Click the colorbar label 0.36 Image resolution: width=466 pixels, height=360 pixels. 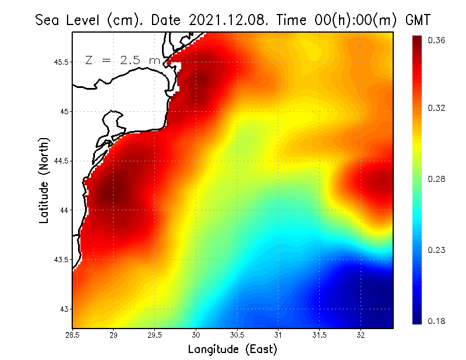click(x=436, y=40)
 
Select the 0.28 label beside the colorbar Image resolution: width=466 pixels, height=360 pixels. click(x=436, y=179)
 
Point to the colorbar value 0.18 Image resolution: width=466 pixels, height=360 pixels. click(x=436, y=321)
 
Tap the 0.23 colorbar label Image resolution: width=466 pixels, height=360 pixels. click(x=436, y=250)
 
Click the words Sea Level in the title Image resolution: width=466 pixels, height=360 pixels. click(x=69, y=20)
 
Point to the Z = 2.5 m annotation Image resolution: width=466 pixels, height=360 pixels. click(x=123, y=60)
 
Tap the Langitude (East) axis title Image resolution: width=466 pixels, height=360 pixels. click(x=232, y=350)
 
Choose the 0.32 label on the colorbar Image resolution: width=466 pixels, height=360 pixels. click(x=436, y=108)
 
